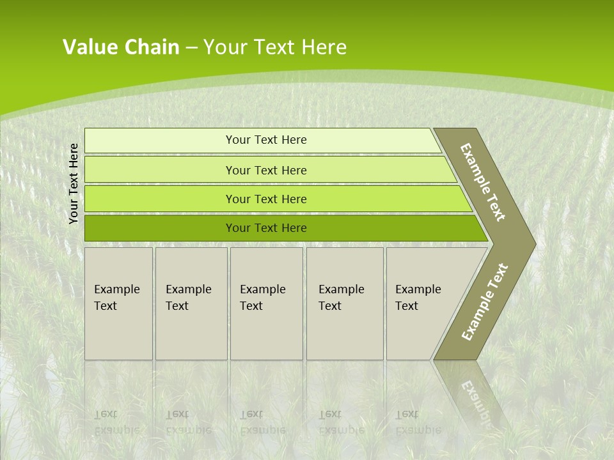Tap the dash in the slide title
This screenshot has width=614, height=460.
(x=191, y=48)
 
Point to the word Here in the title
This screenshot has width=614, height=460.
(x=324, y=47)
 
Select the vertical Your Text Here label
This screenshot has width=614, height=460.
(x=74, y=184)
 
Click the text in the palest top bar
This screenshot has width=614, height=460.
(x=266, y=140)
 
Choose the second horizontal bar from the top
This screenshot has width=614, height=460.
(x=266, y=170)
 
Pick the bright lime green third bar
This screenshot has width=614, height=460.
(x=266, y=199)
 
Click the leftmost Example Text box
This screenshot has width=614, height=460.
(x=118, y=303)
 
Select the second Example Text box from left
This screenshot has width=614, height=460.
(x=191, y=303)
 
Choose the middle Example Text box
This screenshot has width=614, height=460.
(x=266, y=303)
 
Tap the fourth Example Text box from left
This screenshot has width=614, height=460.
(x=345, y=303)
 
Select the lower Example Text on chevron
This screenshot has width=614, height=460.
(x=484, y=302)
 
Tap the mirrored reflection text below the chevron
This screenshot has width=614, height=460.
(x=477, y=399)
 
